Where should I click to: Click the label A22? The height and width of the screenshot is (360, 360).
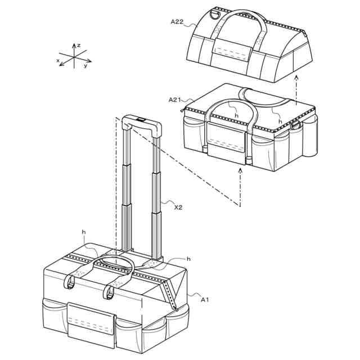(x=177, y=22)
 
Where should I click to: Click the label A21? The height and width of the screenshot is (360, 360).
(x=174, y=100)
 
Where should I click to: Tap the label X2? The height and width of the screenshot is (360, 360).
(x=178, y=208)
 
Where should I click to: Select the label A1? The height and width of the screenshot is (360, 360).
(x=205, y=300)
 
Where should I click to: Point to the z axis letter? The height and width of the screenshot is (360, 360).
(x=79, y=46)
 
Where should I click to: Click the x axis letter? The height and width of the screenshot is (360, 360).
(x=58, y=60)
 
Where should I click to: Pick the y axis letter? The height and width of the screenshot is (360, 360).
(x=85, y=66)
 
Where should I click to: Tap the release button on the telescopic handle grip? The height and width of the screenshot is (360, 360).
(x=141, y=119)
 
